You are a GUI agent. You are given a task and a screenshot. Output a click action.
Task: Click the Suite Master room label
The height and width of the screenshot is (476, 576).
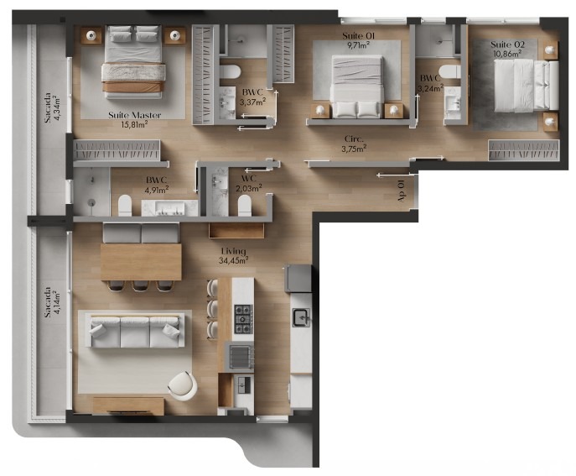pos(134,115)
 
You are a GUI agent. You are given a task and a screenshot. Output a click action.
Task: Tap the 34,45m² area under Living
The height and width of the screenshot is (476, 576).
pos(234,260)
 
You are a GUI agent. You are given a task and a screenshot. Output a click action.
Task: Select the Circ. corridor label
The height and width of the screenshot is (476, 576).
pos(354,139)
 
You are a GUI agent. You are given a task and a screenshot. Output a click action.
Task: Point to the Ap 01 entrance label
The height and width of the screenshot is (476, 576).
pos(401,191)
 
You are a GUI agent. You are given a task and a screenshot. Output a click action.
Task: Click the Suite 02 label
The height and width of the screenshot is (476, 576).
pos(508,44)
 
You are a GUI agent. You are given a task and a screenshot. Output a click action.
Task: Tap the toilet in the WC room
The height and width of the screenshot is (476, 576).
pos(244,206)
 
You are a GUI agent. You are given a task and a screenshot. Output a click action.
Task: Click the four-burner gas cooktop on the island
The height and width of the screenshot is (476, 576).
pos(244,319)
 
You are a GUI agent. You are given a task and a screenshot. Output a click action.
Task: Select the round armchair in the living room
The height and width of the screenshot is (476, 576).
pos(182,386)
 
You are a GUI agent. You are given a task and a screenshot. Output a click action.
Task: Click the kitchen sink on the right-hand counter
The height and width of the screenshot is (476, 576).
pos(301,317)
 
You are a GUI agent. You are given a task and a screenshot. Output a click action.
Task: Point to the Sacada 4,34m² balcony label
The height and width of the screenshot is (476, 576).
pos(51,107)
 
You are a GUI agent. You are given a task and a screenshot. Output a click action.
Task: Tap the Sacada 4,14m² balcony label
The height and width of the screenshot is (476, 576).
pos(51,302)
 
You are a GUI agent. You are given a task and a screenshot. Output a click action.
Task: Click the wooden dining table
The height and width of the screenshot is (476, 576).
pos(141,262)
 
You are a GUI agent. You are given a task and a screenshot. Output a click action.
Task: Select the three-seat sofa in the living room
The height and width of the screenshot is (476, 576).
pos(136,331)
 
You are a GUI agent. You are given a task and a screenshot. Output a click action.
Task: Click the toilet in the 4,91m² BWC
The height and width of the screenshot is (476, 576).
pos(125,206)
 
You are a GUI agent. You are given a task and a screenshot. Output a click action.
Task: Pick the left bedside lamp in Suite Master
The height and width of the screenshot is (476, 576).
pos(91,36)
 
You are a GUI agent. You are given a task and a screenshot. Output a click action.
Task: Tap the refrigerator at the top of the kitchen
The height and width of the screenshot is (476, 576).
pos(298,278)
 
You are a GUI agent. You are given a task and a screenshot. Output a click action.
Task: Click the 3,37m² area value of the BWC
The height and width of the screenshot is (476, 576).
pos(252,102)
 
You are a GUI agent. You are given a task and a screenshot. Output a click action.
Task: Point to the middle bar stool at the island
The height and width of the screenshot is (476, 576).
pos(212,308)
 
